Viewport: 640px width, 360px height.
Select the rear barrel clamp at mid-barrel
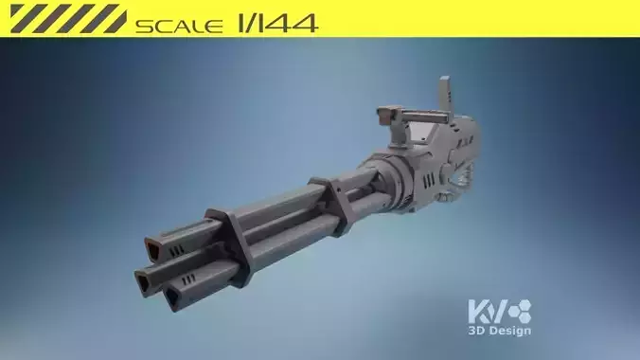tap(337, 204)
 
